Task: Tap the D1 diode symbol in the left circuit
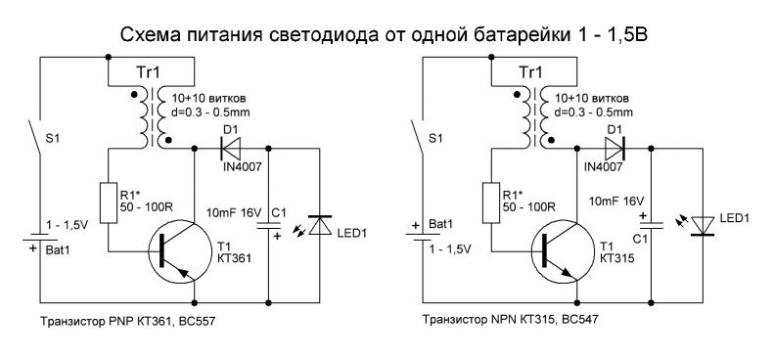click(x=230, y=148)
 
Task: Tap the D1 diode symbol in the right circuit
click(x=614, y=148)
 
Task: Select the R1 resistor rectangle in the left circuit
click(x=108, y=202)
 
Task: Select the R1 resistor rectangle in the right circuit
click(x=491, y=202)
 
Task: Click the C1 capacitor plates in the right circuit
click(x=652, y=224)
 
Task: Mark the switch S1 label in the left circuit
click(x=52, y=139)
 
